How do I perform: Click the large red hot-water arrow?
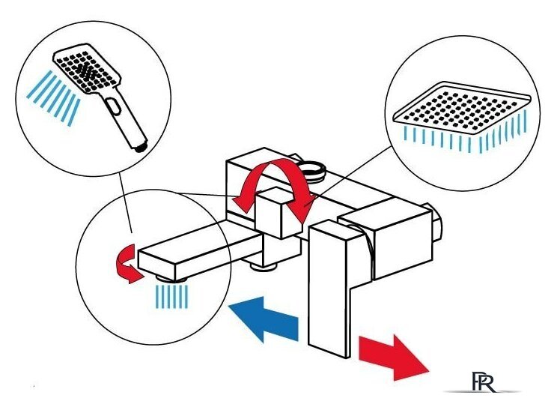(392, 356)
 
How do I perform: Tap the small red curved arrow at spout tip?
(128, 264)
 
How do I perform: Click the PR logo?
(483, 382)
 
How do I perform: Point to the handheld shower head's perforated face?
(85, 67)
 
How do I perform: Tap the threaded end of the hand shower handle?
(141, 146)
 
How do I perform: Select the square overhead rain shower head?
(461, 108)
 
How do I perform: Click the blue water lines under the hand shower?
(53, 98)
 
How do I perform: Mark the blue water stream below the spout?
(172, 297)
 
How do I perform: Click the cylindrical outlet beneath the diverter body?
(264, 266)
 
